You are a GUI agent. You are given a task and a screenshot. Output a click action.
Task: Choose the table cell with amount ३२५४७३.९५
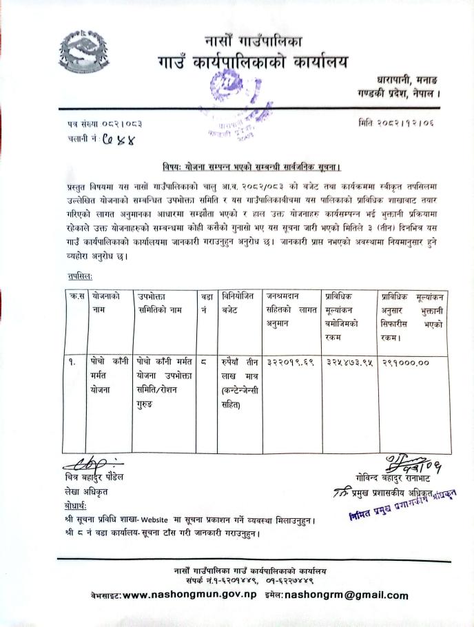coord(349,361)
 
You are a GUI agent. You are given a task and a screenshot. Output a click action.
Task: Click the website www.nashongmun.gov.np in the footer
coord(183,595)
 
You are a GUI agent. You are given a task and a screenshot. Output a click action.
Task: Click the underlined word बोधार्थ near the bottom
coord(74,506)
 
